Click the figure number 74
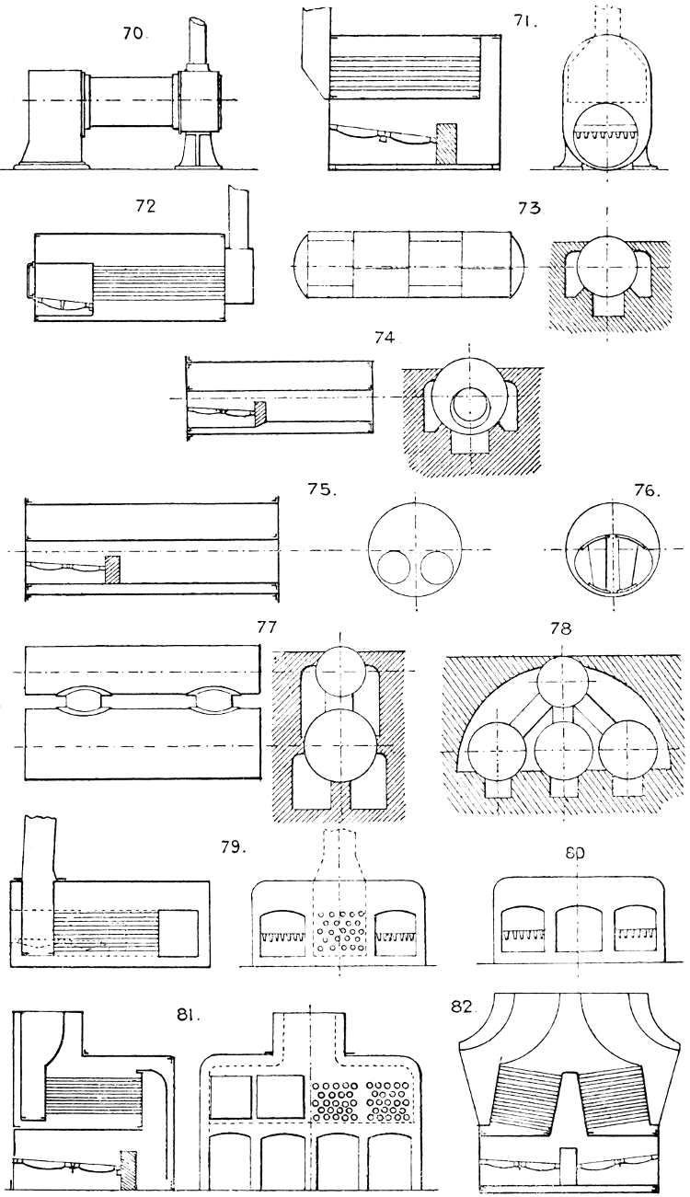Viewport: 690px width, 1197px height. tap(384, 338)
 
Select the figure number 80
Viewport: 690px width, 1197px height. tap(573, 838)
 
